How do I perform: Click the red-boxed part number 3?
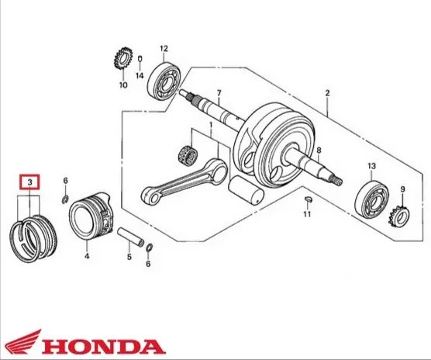[29, 182]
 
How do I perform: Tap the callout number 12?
[164, 49]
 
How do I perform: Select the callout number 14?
[140, 75]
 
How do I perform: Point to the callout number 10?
[123, 85]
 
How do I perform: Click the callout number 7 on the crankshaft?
[219, 93]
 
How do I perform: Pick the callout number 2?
[327, 93]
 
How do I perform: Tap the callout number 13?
[371, 166]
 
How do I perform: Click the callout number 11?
[307, 213]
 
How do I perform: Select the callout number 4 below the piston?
[87, 256]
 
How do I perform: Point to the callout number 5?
[129, 257]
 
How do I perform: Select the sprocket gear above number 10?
[123, 58]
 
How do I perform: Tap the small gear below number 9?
[400, 217]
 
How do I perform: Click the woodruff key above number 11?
[308, 199]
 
